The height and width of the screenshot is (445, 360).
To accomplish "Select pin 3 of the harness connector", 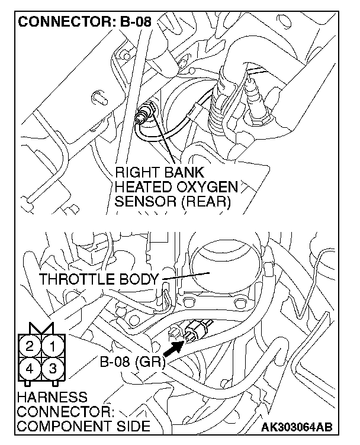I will click(x=53, y=368).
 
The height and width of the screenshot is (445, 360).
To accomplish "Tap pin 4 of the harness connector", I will click(x=30, y=368).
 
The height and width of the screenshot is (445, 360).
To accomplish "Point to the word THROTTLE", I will click(x=73, y=279).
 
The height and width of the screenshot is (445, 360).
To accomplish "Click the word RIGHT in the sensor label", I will click(x=137, y=173).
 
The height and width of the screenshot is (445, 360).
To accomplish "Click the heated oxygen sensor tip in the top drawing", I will click(x=142, y=114).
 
